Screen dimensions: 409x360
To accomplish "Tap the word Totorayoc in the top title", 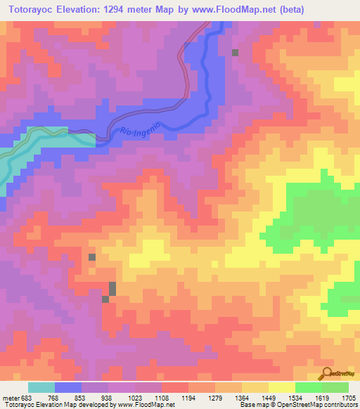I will pyautogui.click(x=32, y=10).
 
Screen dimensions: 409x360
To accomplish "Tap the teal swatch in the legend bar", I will pyautogui.click(x=41, y=388).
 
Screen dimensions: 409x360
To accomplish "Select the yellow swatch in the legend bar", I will pyautogui.click(x=281, y=388).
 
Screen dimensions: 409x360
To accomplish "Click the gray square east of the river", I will pyautogui.click(x=236, y=53).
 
